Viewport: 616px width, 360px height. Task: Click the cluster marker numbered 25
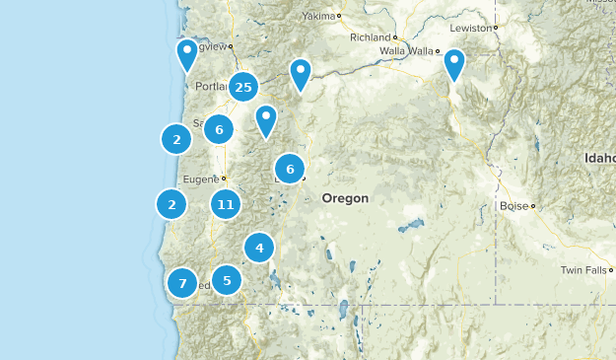[x=243, y=88]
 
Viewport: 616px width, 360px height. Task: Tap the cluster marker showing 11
[x=226, y=205]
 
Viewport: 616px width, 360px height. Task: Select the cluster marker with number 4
[x=259, y=248]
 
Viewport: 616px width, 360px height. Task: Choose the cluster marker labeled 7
[x=181, y=283]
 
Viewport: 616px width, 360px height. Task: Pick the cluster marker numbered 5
[x=227, y=280]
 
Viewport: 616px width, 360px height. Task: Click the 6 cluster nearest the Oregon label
[x=290, y=170]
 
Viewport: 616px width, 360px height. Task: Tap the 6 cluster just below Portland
[x=219, y=128]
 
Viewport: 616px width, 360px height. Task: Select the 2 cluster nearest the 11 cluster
[x=171, y=204]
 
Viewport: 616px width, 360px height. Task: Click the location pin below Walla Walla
[x=453, y=64]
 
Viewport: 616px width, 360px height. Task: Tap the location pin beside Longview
[x=187, y=54]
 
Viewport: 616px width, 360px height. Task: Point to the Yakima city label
[x=318, y=17]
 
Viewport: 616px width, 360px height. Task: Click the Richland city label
[x=370, y=37]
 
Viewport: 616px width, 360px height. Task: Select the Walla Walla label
[x=407, y=51]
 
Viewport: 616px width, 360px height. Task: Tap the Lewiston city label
[x=469, y=29]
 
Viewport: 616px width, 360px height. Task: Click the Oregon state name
[x=345, y=198]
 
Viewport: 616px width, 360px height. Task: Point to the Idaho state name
[x=599, y=158]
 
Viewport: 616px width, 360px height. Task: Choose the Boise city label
[x=513, y=206]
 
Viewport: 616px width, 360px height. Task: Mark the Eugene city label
[x=200, y=179]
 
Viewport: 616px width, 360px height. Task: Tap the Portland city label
[x=211, y=87]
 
